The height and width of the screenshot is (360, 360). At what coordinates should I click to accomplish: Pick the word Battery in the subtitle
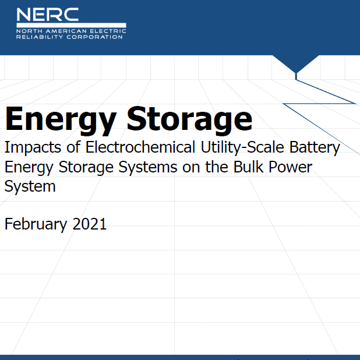pyautogui.click(x=314, y=148)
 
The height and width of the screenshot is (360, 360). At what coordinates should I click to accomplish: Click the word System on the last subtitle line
pyautogui.click(x=30, y=186)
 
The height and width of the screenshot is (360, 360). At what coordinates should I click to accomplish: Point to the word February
pyautogui.click(x=36, y=224)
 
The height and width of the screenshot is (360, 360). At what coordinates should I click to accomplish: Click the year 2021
pyautogui.click(x=90, y=224)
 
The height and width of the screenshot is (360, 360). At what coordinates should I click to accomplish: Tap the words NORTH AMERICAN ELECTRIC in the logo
pyautogui.click(x=70, y=30)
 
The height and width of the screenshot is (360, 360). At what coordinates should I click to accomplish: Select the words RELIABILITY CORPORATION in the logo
pyautogui.click(x=70, y=37)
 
